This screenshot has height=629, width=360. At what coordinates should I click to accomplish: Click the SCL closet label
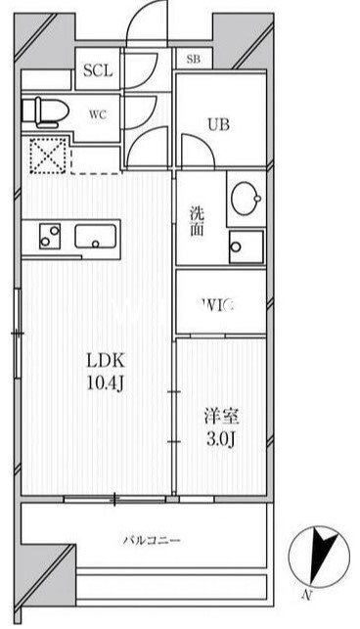tap(98, 70)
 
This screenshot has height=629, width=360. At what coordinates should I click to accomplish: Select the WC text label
tap(98, 113)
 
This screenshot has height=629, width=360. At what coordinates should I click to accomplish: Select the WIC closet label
tap(219, 306)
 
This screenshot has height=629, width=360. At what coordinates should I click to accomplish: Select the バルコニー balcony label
tap(152, 539)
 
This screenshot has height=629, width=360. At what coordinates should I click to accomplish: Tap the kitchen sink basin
tap(96, 236)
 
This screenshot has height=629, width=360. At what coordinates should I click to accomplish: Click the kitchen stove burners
tap(49, 236)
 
